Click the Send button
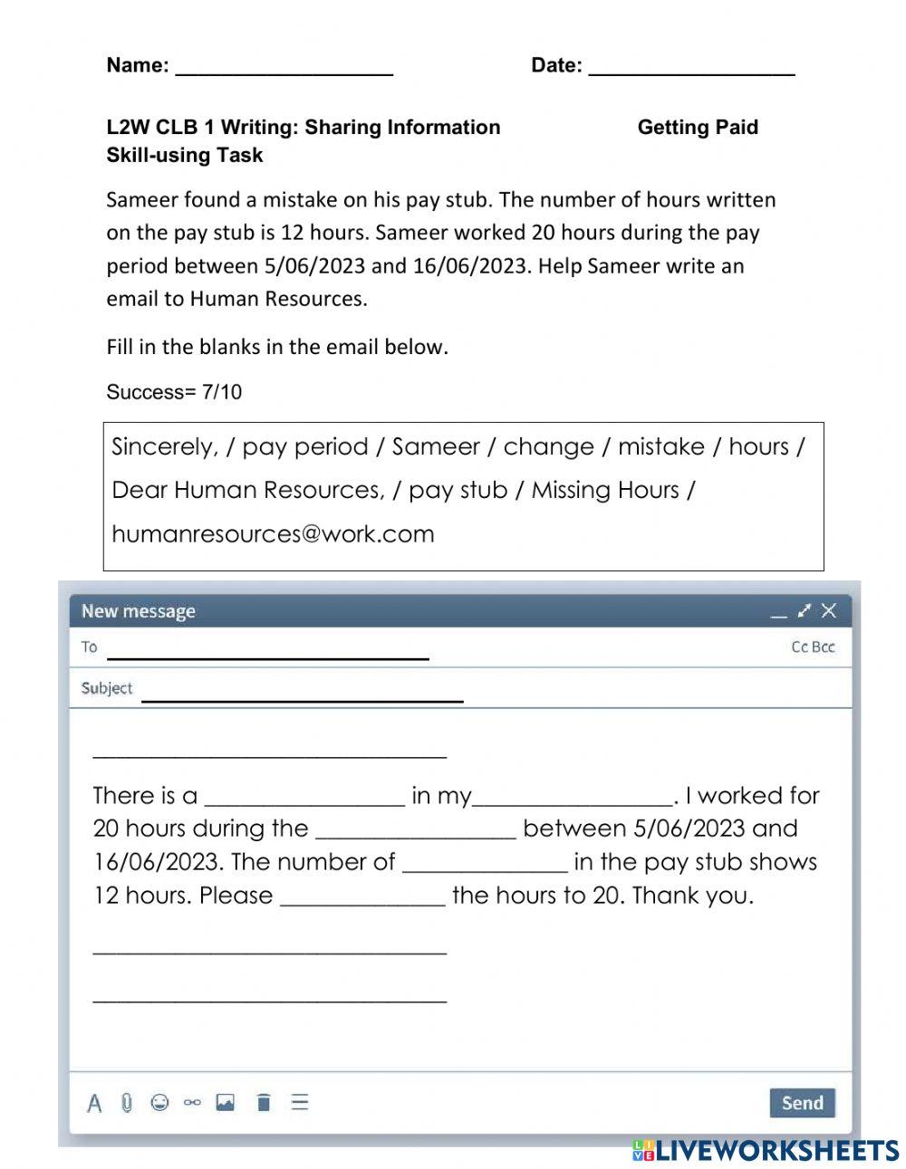(802, 1102)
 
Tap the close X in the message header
(829, 611)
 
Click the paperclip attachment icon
(127, 1102)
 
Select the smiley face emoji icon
(159, 1102)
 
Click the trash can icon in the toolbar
(264, 1102)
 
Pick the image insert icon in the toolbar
(226, 1102)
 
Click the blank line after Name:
(284, 67)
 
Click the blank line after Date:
(691, 67)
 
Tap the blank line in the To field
(267, 652)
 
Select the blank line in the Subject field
(302, 694)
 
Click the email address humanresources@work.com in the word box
(273, 533)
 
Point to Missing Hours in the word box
(604, 490)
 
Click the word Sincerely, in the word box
(164, 446)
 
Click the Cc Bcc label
(813, 647)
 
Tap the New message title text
(139, 611)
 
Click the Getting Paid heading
(698, 128)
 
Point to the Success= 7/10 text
(174, 392)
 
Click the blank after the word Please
(362, 896)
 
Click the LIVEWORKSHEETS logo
(766, 1150)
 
